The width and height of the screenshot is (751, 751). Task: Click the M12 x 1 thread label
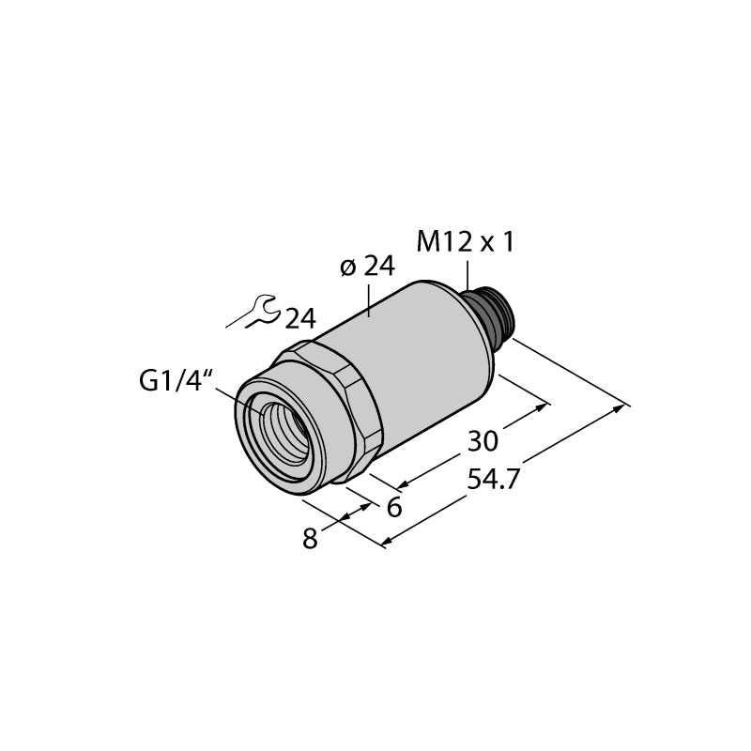[465, 242]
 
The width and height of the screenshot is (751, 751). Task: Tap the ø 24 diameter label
[367, 267]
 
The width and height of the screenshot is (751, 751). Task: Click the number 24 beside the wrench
[300, 318]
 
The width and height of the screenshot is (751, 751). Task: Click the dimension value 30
[483, 441]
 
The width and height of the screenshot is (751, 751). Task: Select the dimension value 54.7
[494, 480]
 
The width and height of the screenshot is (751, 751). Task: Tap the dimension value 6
[394, 508]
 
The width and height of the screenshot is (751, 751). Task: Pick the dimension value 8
[310, 539]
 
